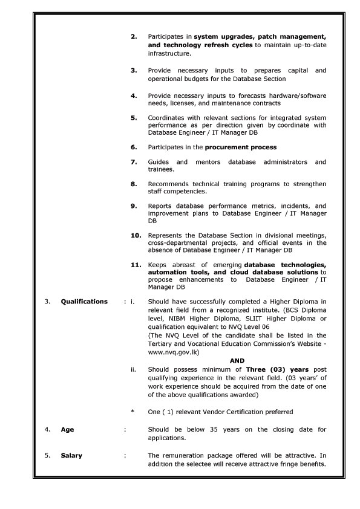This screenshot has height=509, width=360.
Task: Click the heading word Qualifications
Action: click(x=84, y=301)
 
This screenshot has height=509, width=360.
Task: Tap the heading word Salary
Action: click(x=71, y=455)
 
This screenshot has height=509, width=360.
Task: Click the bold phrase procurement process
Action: click(x=241, y=147)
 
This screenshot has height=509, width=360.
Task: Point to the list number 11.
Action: click(x=136, y=264)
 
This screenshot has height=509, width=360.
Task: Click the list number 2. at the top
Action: click(x=134, y=37)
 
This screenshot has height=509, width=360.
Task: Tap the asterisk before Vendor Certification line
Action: click(x=133, y=412)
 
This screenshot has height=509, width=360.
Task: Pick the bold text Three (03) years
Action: click(x=275, y=369)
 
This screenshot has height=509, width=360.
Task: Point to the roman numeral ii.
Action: click(x=133, y=369)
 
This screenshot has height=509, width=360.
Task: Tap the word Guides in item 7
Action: click(x=159, y=162)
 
